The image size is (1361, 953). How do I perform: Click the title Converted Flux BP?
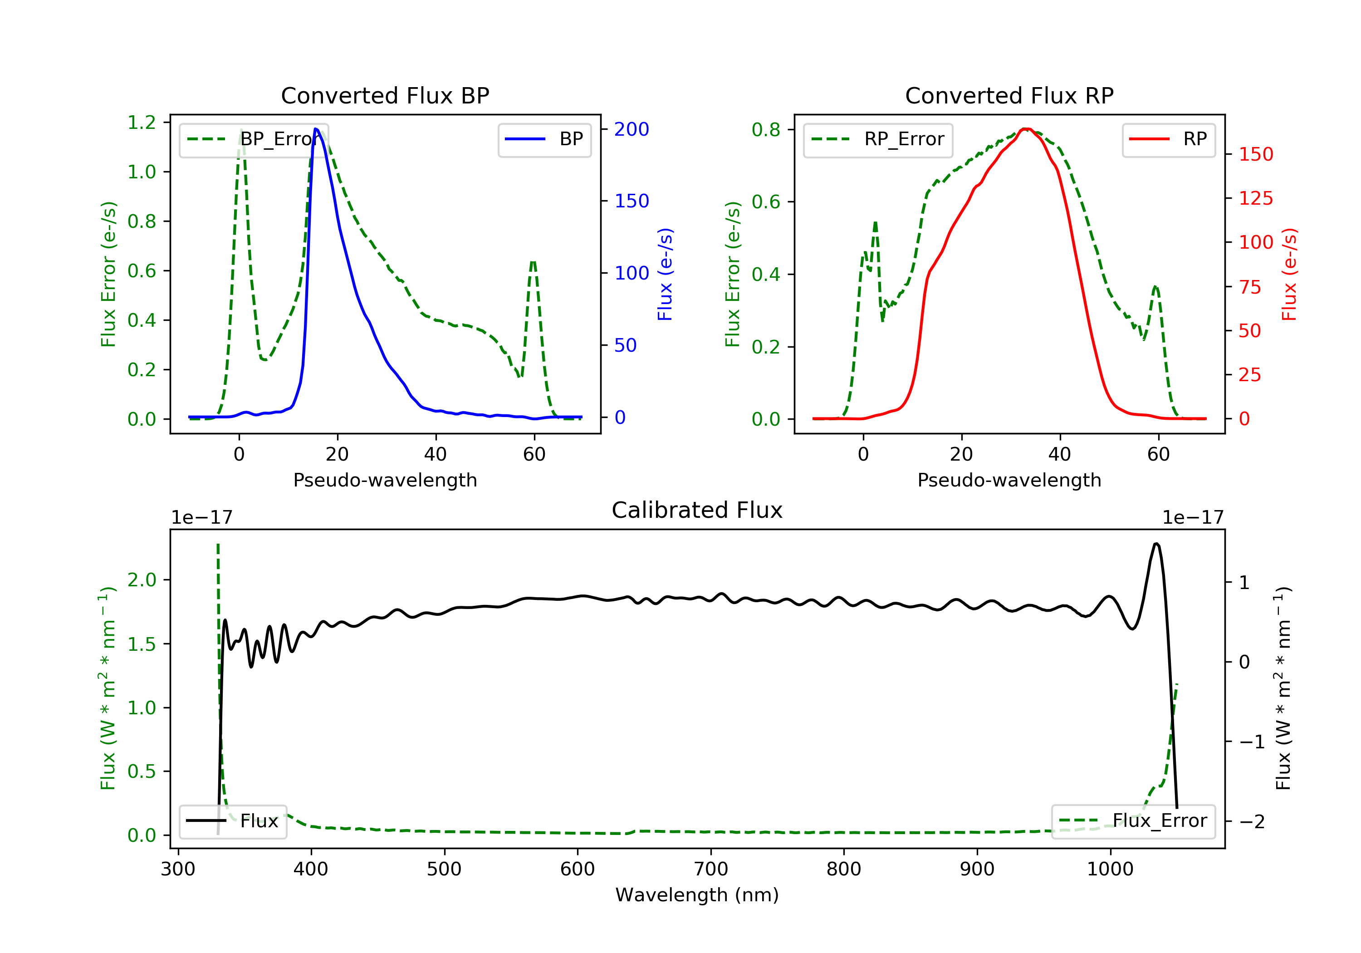[x=385, y=95]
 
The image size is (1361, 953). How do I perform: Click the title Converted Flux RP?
[x=1009, y=95]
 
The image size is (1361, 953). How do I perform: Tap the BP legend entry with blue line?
[x=544, y=139]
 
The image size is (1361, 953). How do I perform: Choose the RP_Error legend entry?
[x=877, y=139]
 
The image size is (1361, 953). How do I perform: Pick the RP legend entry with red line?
[x=1168, y=139]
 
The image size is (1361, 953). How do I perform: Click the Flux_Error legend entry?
[x=1133, y=821]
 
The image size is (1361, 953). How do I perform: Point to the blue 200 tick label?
[x=632, y=129]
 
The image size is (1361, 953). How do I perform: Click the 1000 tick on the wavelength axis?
[x=1110, y=869]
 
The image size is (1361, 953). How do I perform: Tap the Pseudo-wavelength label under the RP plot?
[x=1009, y=480]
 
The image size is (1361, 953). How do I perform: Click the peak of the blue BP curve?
[x=316, y=129]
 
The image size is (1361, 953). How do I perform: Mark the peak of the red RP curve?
[x=1026, y=129]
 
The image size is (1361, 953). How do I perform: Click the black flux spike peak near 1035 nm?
[x=1156, y=544]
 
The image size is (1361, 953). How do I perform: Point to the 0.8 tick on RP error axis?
[x=766, y=130]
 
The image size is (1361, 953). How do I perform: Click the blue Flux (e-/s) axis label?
[x=665, y=275]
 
